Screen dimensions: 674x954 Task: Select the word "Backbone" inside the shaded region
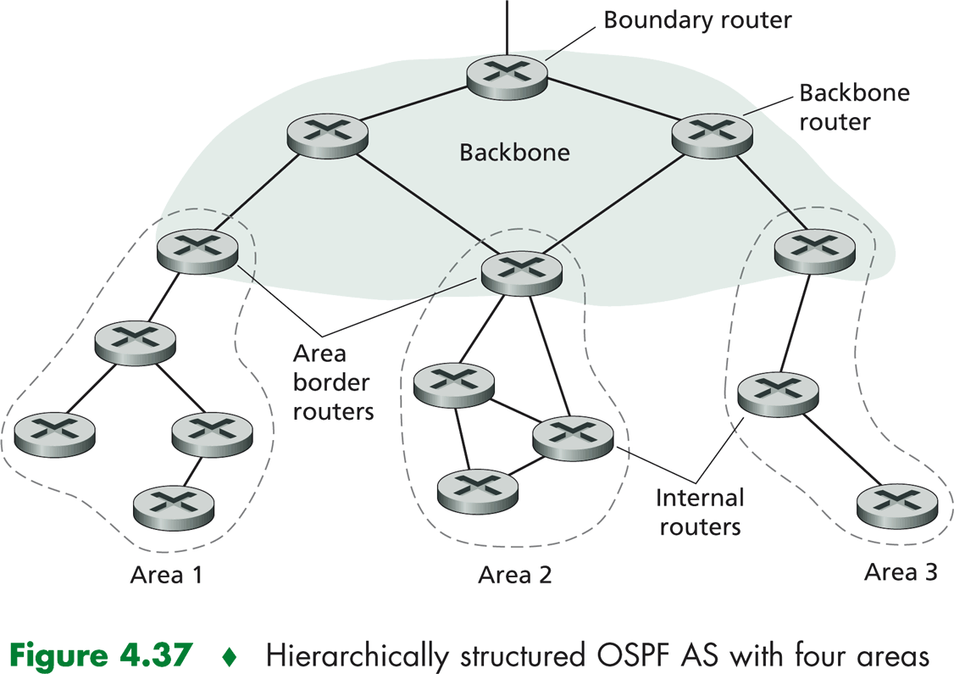click(x=515, y=153)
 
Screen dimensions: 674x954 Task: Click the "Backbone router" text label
click(x=854, y=107)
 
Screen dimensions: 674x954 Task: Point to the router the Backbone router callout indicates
click(x=712, y=132)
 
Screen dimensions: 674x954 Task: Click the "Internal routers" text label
click(x=701, y=511)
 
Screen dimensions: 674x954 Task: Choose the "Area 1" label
click(x=166, y=575)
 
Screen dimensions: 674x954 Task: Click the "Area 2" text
click(x=515, y=575)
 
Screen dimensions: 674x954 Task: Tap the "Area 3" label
click(x=901, y=571)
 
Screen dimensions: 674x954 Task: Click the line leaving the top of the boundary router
click(x=508, y=25)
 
